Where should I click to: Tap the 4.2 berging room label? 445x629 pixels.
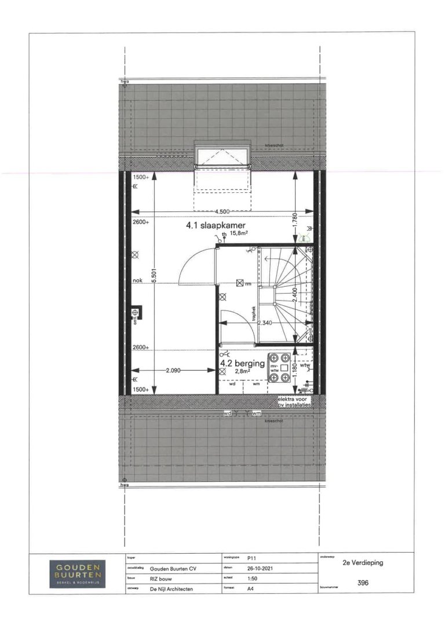(242, 364)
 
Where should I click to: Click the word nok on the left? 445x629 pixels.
(137, 281)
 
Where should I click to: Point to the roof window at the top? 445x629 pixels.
(224, 156)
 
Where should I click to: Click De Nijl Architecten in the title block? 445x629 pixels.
(172, 589)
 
